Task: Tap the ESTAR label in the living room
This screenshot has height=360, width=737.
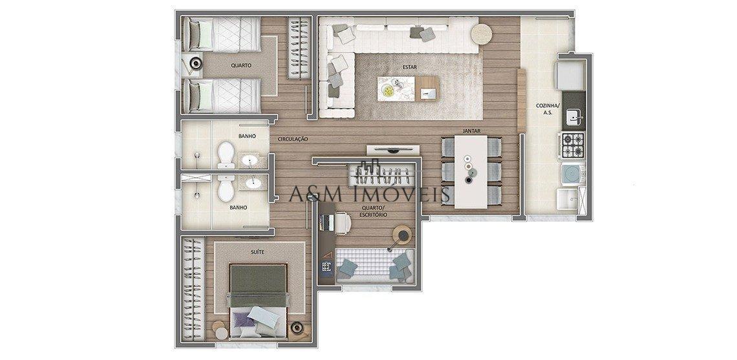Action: click(x=409, y=66)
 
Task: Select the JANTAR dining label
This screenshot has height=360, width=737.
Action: click(x=470, y=131)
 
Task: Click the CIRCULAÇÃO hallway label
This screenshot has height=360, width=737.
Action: click(x=292, y=139)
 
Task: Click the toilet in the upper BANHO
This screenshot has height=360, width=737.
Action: click(x=226, y=154)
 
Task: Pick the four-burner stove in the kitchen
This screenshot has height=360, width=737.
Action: click(x=572, y=146)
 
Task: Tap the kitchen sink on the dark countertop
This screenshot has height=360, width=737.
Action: click(x=573, y=117)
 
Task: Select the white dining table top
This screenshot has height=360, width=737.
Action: click(x=470, y=172)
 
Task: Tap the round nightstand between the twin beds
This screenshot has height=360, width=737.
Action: click(x=197, y=63)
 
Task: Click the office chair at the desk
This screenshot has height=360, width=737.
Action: click(x=342, y=222)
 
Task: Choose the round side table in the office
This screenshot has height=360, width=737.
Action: click(x=403, y=233)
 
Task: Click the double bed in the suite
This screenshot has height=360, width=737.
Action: click(x=257, y=301)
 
